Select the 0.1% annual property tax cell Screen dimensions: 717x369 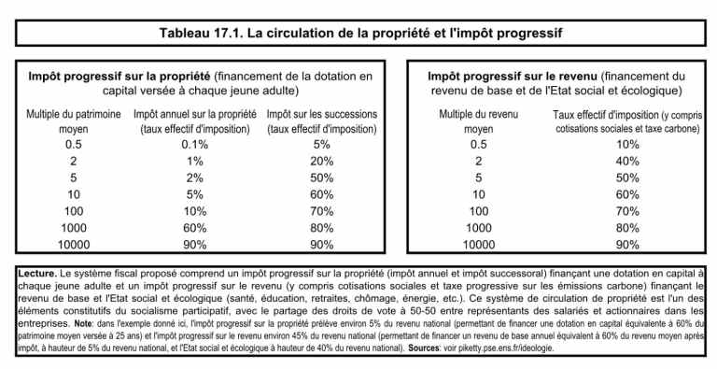[195, 144]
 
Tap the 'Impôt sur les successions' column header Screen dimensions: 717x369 [322, 121]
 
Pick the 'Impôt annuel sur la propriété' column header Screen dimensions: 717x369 [195, 121]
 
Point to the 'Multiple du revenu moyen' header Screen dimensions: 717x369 [479, 121]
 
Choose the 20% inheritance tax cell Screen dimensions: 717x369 [322, 161]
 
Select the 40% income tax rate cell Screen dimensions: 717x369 [627, 161]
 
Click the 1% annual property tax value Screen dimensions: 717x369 [195, 161]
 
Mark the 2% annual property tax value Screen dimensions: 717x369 [195, 177]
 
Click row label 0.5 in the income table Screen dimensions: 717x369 [479, 144]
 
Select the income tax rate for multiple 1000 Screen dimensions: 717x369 [627, 228]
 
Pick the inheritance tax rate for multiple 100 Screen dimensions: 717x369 [322, 211]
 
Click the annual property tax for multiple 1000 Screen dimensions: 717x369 [195, 228]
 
